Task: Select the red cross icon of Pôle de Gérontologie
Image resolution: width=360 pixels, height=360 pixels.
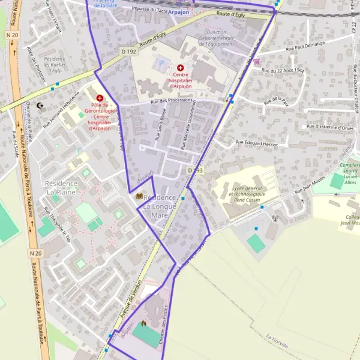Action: (x=100, y=98)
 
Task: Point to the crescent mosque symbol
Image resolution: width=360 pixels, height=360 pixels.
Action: (x=40, y=106)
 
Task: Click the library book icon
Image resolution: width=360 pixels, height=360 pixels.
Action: (x=139, y=196)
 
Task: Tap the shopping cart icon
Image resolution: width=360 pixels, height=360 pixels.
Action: (x=257, y=61)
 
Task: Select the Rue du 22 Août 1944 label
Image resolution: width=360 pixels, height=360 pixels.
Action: (x=283, y=71)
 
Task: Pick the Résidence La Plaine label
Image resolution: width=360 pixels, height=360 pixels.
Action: (x=61, y=187)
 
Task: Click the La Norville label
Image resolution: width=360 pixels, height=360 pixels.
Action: (x=277, y=341)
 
